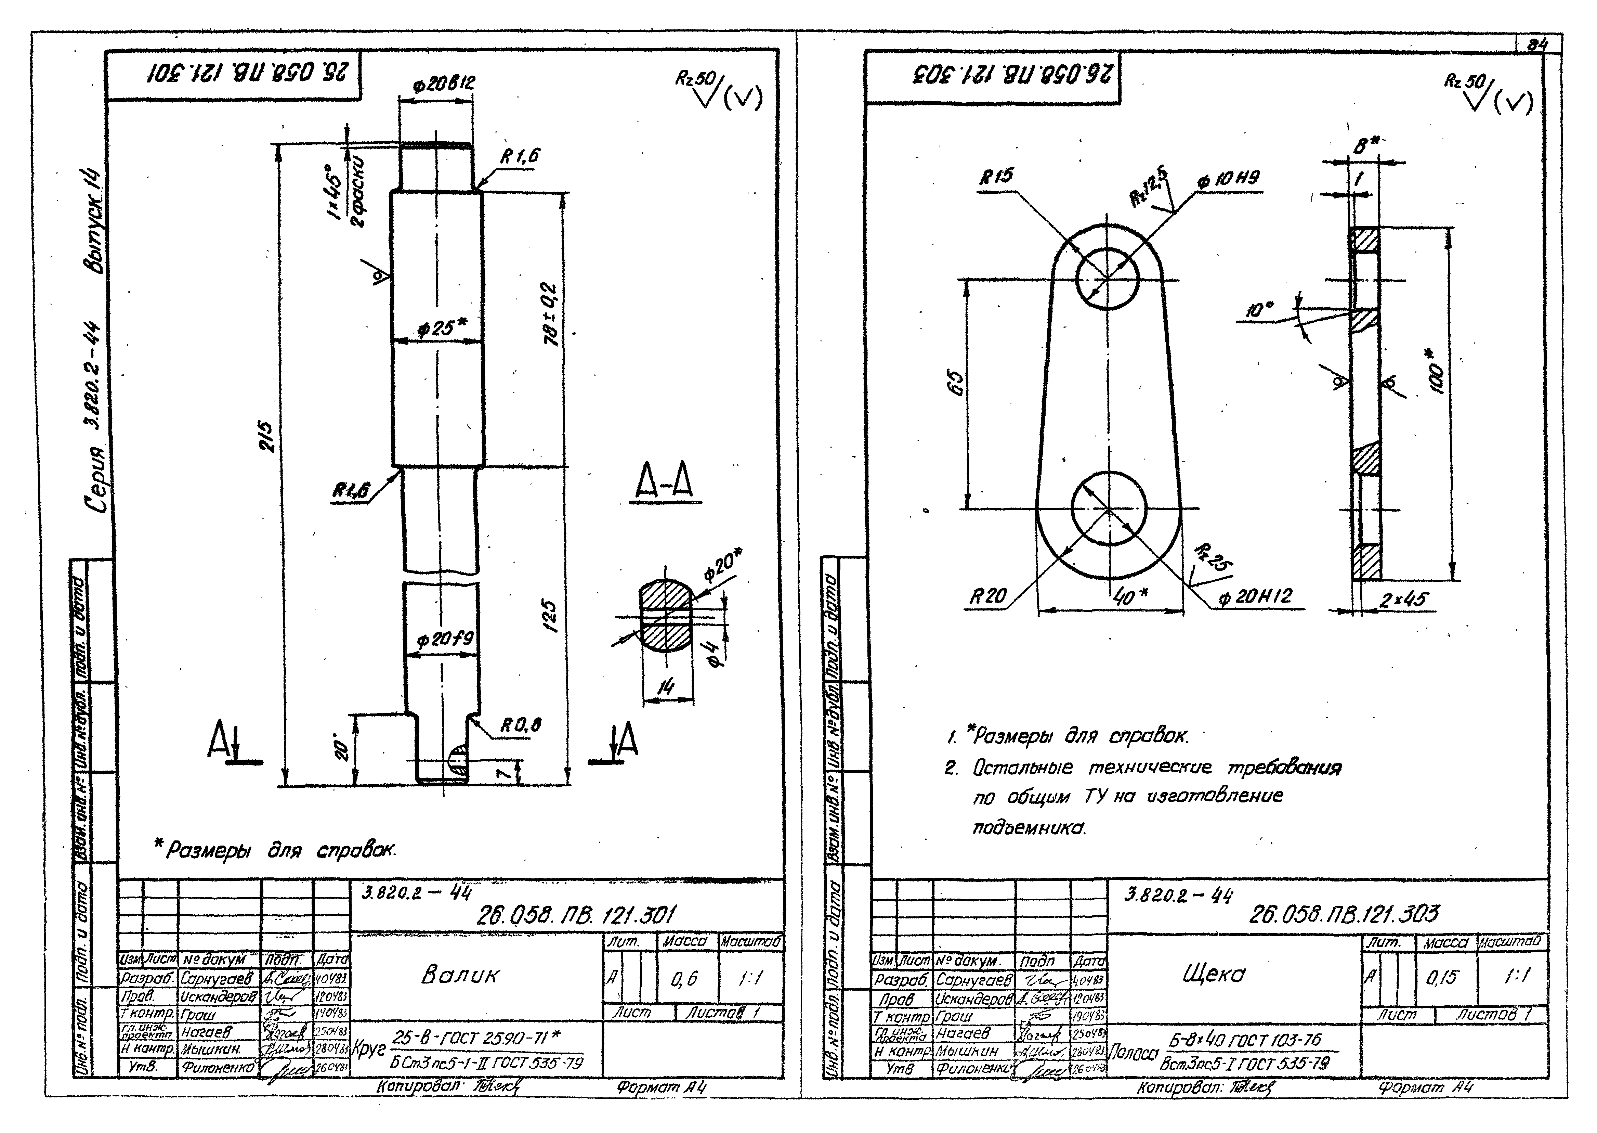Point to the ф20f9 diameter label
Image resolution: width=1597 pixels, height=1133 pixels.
tap(444, 640)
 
